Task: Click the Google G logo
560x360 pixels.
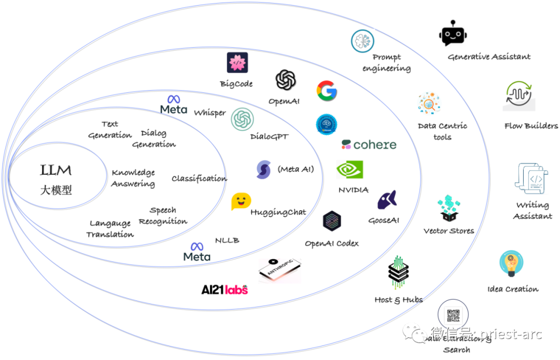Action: pyautogui.click(x=327, y=91)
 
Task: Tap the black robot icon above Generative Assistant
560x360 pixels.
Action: pyautogui.click(x=453, y=35)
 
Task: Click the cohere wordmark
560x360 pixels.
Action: pyautogui.click(x=369, y=145)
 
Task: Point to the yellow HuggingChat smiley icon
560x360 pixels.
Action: pyautogui.click(x=241, y=201)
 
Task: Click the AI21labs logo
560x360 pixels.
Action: pyautogui.click(x=225, y=289)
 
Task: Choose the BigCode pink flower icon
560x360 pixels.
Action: pyautogui.click(x=237, y=63)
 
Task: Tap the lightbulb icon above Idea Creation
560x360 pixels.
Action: pyautogui.click(x=511, y=264)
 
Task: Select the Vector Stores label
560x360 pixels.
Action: pyautogui.click(x=449, y=231)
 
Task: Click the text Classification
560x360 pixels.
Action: pyautogui.click(x=199, y=178)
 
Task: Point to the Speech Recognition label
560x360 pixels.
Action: pyautogui.click(x=163, y=216)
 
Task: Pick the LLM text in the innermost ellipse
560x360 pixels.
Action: pyautogui.click(x=56, y=170)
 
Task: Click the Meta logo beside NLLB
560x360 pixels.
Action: pyautogui.click(x=197, y=252)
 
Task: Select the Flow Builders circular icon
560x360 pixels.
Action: pyautogui.click(x=519, y=94)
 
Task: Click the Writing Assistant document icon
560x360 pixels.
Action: pyautogui.click(x=531, y=179)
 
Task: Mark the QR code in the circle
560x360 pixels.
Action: pyautogui.click(x=453, y=316)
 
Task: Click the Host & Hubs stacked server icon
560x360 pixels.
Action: pyautogui.click(x=398, y=272)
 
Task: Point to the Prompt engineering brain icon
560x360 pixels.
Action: pyautogui.click(x=362, y=41)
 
